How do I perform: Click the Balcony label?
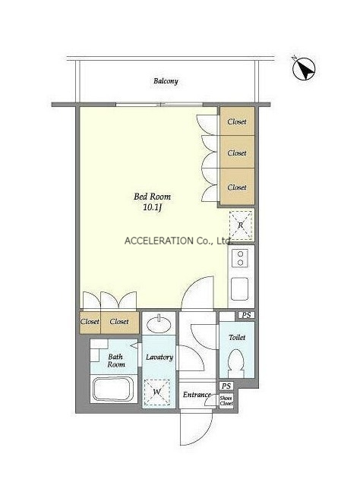pos(166,81)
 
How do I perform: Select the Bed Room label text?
pos(152,197)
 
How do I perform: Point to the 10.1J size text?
pos(153,207)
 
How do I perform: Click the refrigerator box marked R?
pos(241,225)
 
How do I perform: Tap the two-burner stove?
pos(241,258)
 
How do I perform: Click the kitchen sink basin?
pos(240,288)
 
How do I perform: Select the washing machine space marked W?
pos(157,392)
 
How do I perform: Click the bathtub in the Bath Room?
pos(113,389)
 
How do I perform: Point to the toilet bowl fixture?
pos(237,364)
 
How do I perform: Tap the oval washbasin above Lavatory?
pos(159,323)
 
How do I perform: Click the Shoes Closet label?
pos(226,401)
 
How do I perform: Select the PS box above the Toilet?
pos(247,315)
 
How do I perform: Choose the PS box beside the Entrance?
pos(226,386)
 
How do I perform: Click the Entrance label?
pos(197,395)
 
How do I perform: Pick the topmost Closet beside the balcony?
pos(237,121)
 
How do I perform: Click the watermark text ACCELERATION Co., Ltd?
pos(178,241)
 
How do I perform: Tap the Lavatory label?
pos(159,358)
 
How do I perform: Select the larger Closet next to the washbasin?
pos(120,323)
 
